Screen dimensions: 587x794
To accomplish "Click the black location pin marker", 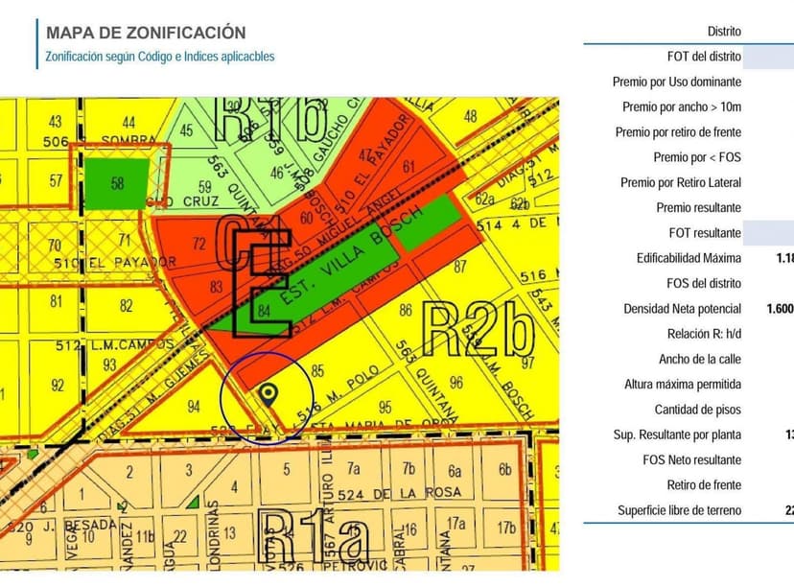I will (269, 392).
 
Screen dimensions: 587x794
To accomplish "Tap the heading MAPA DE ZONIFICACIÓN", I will (146, 33).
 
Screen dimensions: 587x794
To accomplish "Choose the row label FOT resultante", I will (704, 233).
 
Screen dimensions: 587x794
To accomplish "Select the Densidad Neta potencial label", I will (682, 309).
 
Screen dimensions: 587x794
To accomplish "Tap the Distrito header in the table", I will (724, 32).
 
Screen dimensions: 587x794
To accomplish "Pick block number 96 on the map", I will (456, 382).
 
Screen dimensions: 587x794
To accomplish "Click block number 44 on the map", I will (129, 123).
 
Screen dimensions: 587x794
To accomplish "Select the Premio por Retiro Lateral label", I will (681, 182).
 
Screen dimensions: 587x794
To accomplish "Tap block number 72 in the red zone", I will (199, 243).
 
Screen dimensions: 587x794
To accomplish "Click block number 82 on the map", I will (126, 305).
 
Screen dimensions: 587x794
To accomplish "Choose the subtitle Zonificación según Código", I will (160, 57).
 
